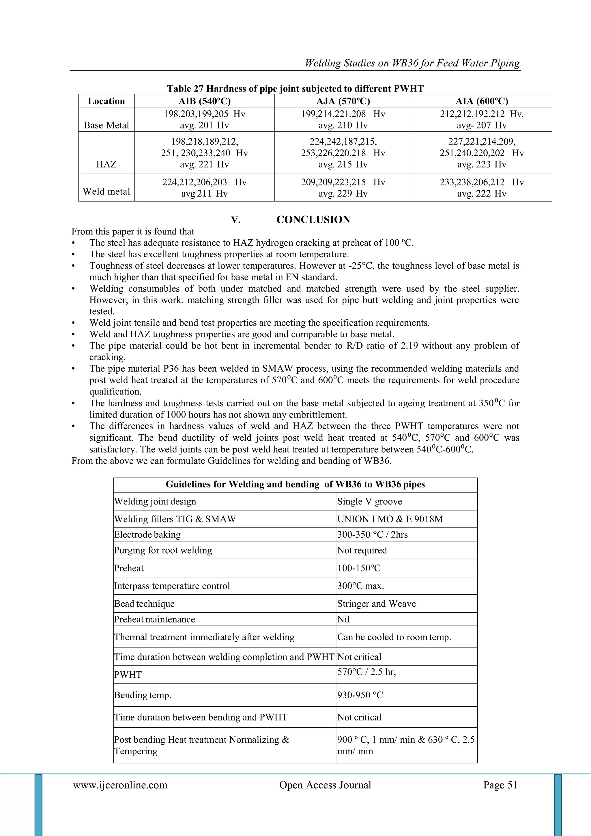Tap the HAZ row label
pyautogui.click(x=106, y=164)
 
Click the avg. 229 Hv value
pyautogui.click(x=343, y=193)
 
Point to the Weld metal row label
pyautogui.click(x=106, y=191)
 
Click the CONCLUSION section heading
pyautogui.click(x=313, y=219)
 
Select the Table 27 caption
pyautogui.click(x=295, y=88)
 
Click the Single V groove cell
pyautogui.click(x=369, y=501)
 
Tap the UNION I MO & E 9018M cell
pyautogui.click(x=390, y=519)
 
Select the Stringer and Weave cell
pyautogui.click(x=376, y=604)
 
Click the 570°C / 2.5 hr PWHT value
pyautogui.click(x=366, y=672)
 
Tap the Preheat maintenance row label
pyautogui.click(x=154, y=619)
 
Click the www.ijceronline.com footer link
pyautogui.click(x=120, y=785)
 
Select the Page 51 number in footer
pyautogui.click(x=500, y=785)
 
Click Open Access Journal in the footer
pyautogui.click(x=325, y=785)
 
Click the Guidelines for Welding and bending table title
pyautogui.click(x=295, y=484)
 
